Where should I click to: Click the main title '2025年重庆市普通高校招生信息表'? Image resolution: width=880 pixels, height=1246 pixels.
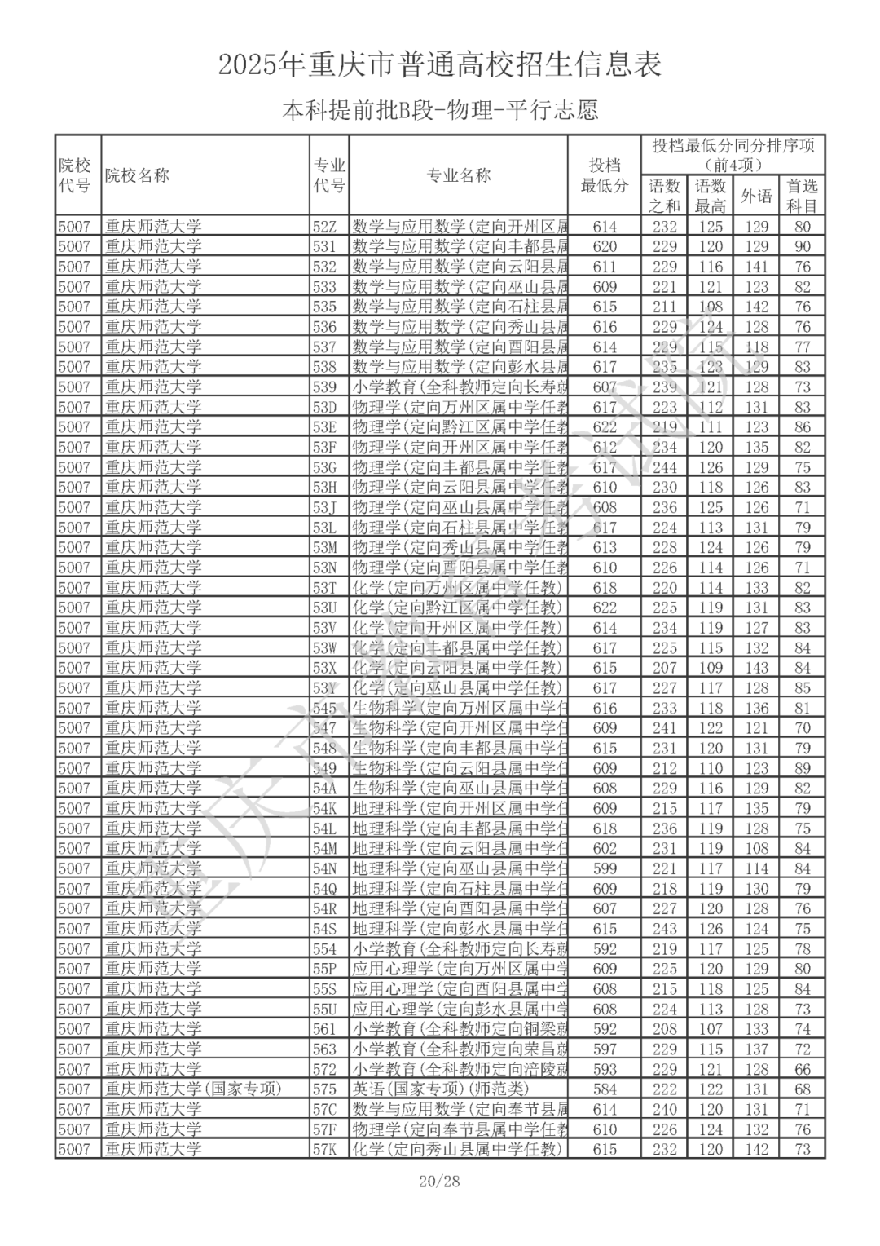click(439, 64)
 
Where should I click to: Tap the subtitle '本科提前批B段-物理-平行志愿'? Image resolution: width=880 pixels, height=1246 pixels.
click(439, 110)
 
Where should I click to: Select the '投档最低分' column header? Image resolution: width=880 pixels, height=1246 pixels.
click(604, 175)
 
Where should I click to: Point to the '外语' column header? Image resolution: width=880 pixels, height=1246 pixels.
click(756, 196)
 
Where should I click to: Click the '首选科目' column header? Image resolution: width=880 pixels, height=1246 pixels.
click(803, 196)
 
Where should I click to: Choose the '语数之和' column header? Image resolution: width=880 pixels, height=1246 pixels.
click(664, 196)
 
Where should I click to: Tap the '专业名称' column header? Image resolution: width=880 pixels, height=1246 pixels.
click(459, 175)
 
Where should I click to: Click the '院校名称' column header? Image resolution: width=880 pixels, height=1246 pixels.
click(137, 175)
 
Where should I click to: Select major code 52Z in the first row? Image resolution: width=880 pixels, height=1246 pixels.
click(324, 227)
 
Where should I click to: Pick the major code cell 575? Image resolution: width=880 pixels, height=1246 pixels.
click(324, 1089)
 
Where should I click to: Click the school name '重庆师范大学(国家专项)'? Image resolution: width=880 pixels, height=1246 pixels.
click(192, 1089)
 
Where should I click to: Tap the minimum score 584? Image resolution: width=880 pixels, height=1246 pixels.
click(605, 1089)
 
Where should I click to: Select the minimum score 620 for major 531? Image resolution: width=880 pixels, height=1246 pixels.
click(605, 246)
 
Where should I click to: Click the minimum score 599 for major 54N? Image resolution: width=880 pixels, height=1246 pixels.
click(605, 868)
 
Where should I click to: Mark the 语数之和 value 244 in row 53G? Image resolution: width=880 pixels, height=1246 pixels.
click(665, 467)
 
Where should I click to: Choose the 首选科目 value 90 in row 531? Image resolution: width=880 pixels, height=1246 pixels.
click(803, 246)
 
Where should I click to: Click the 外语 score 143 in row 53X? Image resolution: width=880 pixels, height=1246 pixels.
click(757, 668)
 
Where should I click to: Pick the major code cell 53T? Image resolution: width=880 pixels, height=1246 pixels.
click(324, 588)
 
